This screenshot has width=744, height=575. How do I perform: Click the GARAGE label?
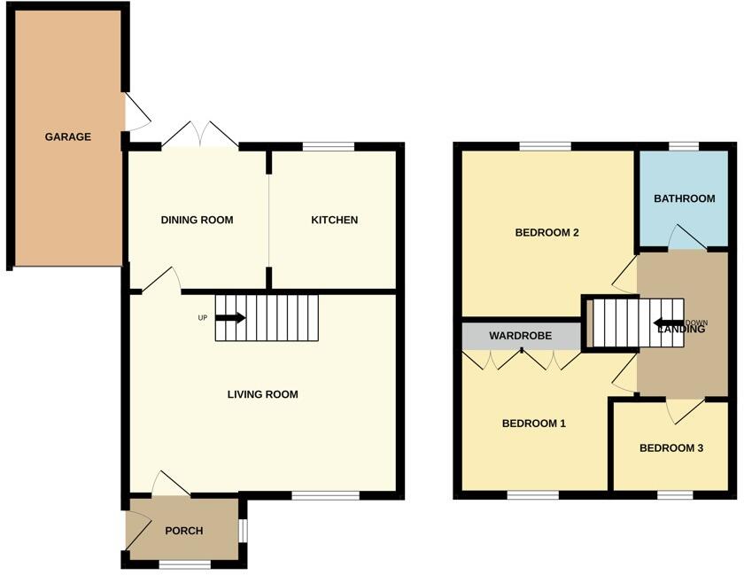[68, 137]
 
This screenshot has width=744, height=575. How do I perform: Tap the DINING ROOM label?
[197, 220]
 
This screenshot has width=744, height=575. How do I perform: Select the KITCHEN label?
[334, 220]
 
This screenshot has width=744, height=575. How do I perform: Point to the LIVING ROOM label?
[262, 394]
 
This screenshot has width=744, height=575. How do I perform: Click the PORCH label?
[184, 531]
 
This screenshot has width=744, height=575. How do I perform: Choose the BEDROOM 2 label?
[546, 233]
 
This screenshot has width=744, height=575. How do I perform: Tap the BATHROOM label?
[684, 198]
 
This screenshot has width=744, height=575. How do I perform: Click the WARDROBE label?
[521, 337]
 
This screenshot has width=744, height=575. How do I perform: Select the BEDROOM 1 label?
[533, 423]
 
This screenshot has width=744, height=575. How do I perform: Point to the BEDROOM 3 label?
[671, 448]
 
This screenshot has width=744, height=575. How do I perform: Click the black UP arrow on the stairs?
[230, 318]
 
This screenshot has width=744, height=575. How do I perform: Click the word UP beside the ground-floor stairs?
[203, 318]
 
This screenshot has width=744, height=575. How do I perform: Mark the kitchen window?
[328, 146]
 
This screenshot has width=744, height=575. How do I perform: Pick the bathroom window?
[683, 146]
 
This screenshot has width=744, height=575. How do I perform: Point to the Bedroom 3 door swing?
[684, 409]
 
